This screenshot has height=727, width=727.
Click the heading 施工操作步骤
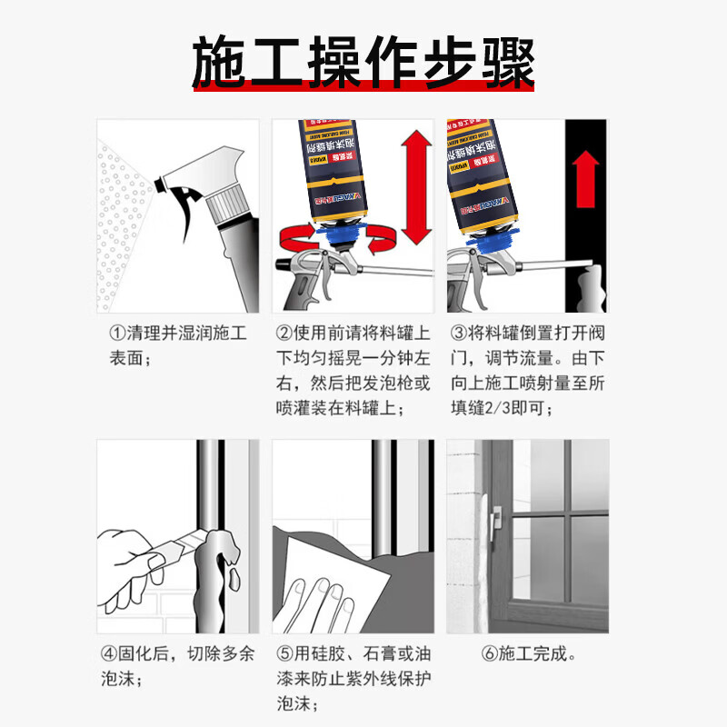pos(363,62)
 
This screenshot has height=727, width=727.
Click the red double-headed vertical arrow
pos(415,188)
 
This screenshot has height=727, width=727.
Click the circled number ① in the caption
pos(117,334)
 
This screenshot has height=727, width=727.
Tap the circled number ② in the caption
pos(284,334)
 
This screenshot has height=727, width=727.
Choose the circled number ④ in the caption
pos(106,653)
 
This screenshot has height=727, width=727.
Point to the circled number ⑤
pos(284,653)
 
